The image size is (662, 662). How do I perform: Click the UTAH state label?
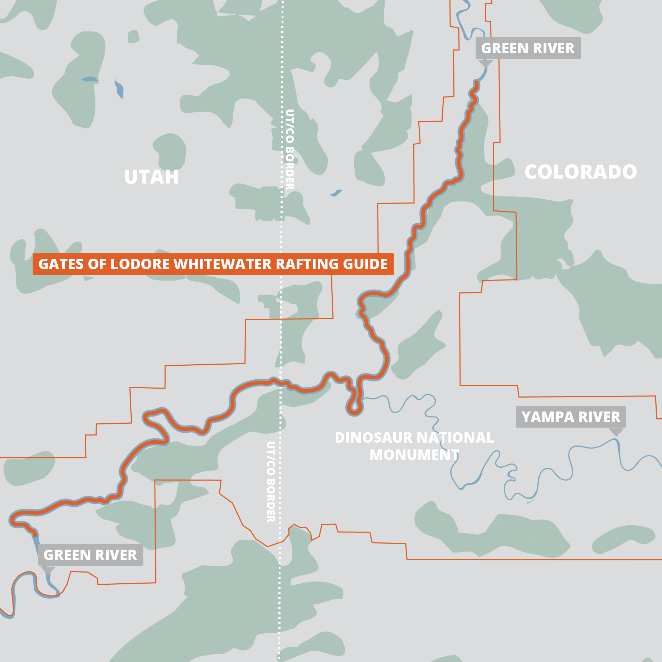[x=151, y=177]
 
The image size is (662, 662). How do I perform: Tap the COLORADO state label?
[x=580, y=172]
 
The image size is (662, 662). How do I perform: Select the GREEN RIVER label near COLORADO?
[x=527, y=48]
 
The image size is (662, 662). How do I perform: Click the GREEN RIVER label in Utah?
[x=90, y=555]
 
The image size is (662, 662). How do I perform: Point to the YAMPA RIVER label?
[x=570, y=417]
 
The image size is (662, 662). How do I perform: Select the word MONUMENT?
[x=414, y=455]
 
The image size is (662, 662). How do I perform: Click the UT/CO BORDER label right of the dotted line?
[x=289, y=149]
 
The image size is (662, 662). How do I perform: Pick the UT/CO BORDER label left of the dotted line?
[x=271, y=482]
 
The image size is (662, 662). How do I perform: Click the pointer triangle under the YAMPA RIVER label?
[x=616, y=432]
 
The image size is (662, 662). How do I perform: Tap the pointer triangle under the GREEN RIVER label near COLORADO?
[x=486, y=63]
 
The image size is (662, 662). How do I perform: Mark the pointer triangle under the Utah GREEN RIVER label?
[x=48, y=570]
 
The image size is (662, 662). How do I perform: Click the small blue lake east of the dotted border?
[x=336, y=193]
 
